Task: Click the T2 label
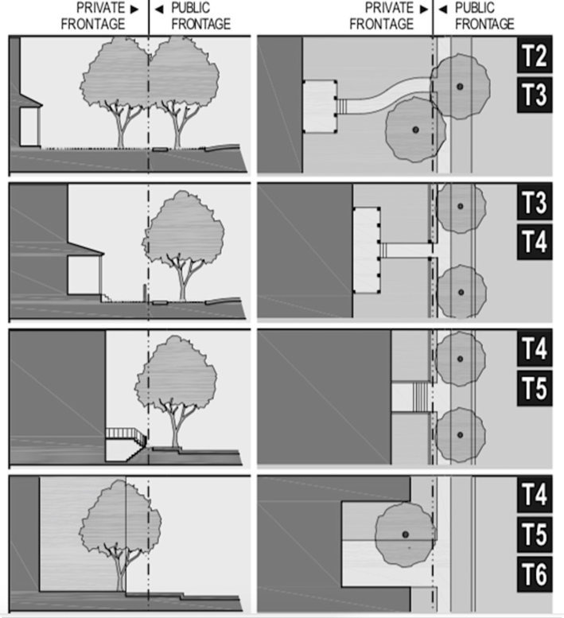coord(535,55)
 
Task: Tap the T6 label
coord(535,574)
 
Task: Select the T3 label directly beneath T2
coord(535,95)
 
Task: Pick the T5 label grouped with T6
coord(535,534)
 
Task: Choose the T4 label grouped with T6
coord(535,494)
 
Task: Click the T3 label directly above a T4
coord(535,202)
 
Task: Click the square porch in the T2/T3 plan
coord(320,107)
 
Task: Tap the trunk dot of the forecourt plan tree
coord(405,534)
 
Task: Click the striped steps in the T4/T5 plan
coord(421,397)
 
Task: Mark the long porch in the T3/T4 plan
coord(366,251)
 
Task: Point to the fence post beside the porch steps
coord(145,293)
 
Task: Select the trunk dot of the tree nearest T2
coord(460,87)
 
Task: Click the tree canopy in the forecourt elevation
coord(120,515)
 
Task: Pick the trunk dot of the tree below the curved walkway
coord(415,130)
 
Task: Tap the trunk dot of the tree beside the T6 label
coord(405,534)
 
